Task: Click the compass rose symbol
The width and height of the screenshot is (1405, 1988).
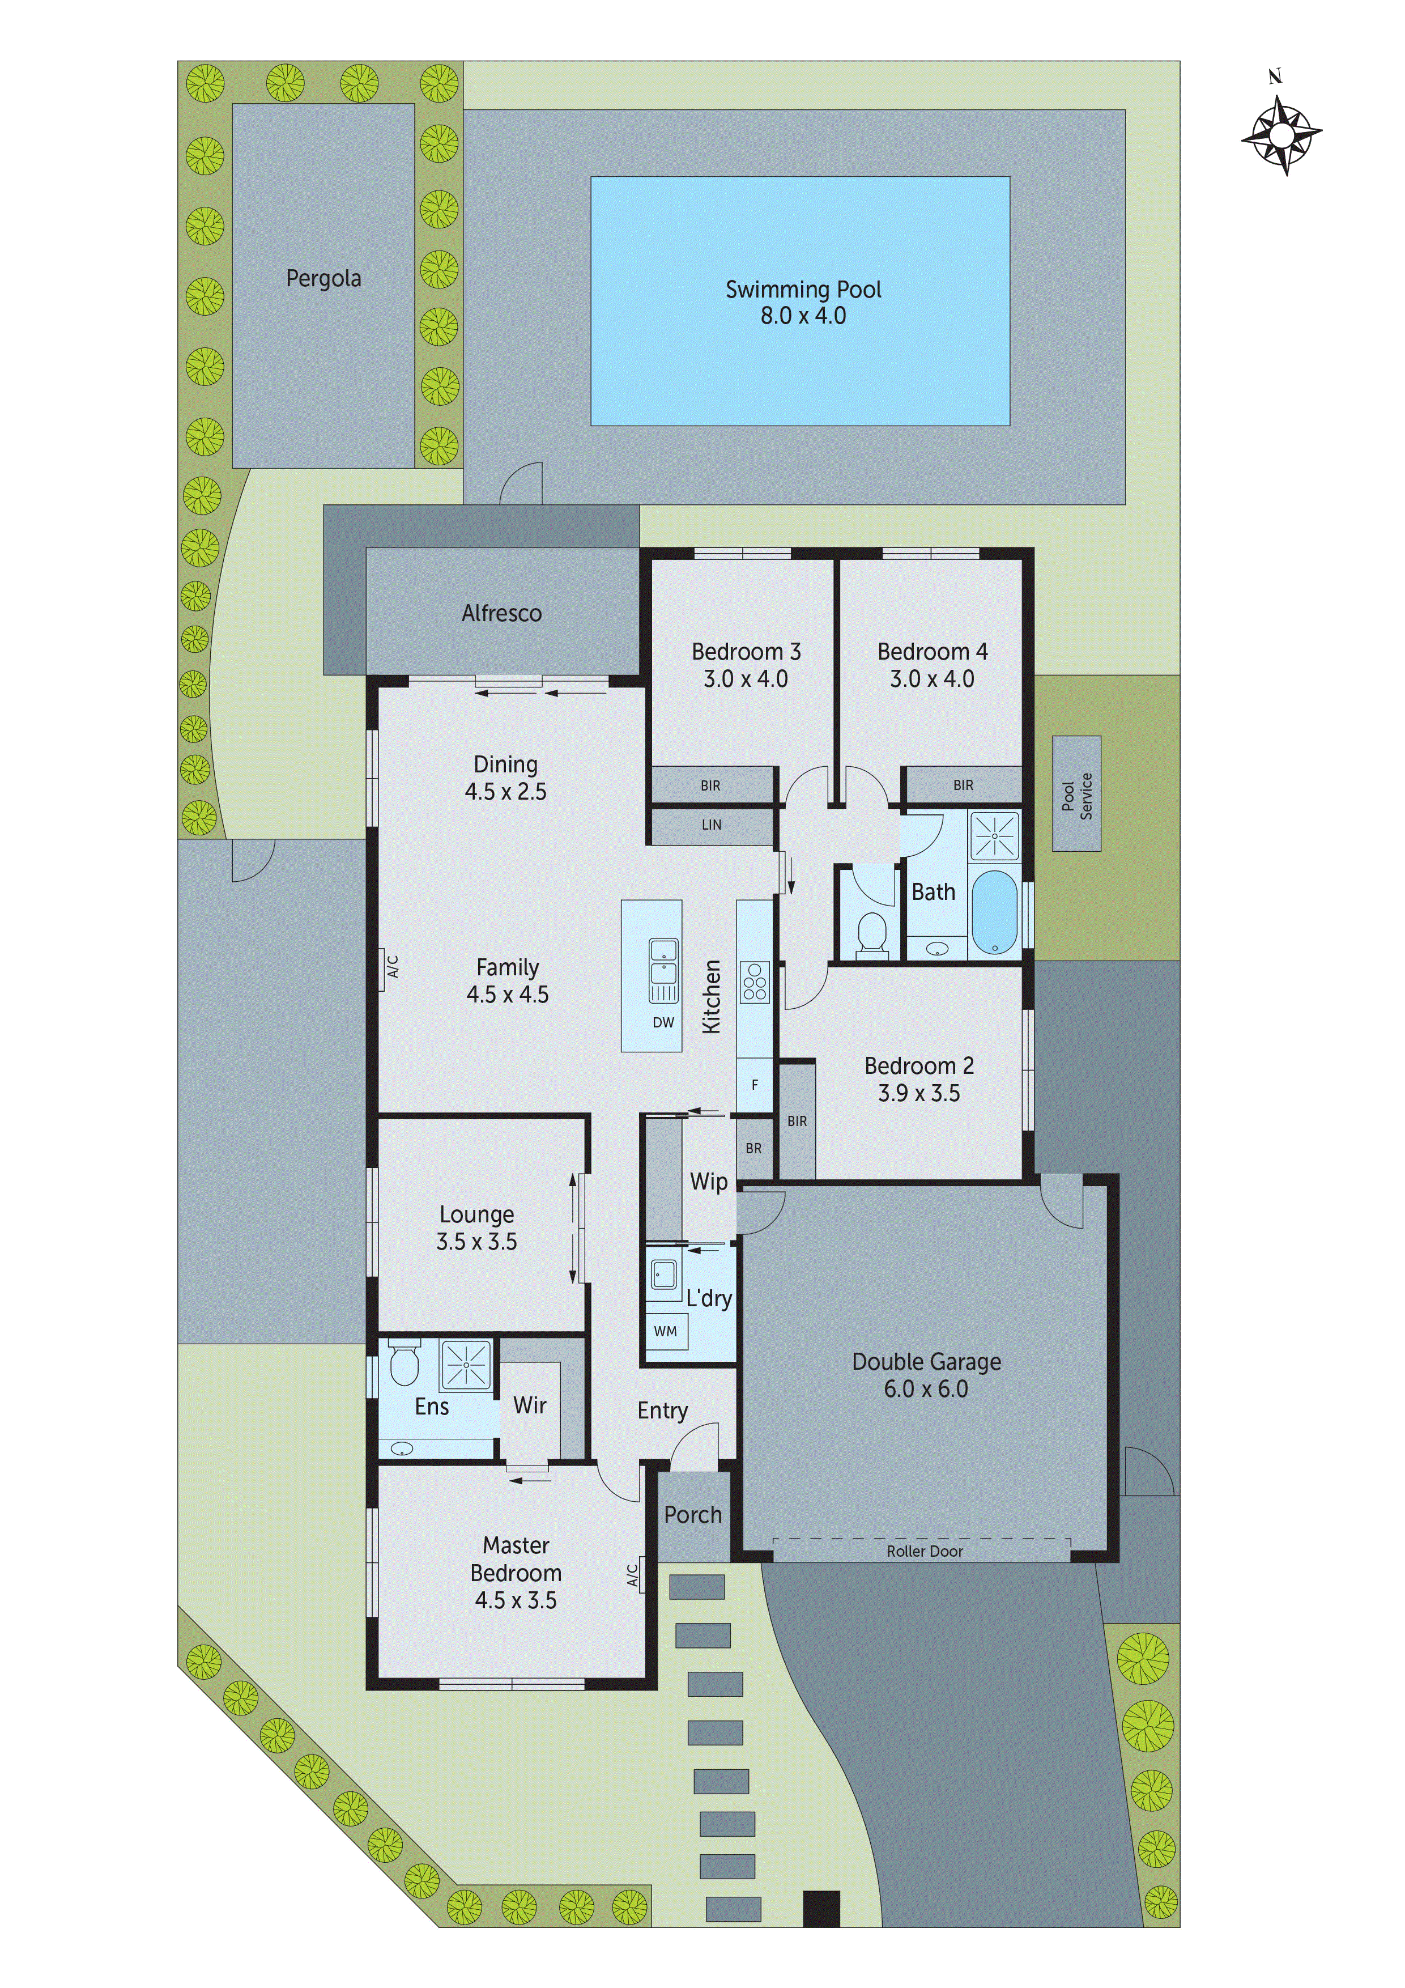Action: [x=1281, y=134]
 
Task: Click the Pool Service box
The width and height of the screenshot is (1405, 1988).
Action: [x=1076, y=793]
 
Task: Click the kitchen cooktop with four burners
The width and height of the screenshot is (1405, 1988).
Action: [x=754, y=982]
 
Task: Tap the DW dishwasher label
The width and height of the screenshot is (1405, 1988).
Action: [x=663, y=1022]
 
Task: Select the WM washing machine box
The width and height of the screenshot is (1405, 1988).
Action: [x=666, y=1331]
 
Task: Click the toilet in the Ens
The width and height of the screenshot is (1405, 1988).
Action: [x=403, y=1365]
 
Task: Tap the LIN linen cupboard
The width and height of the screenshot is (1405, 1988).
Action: [x=711, y=825]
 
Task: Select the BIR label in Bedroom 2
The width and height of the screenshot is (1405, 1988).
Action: [x=797, y=1122]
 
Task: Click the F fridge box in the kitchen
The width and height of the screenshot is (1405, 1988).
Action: [x=754, y=1085]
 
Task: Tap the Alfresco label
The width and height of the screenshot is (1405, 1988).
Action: [x=501, y=613]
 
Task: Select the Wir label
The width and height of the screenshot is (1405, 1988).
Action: [x=529, y=1405]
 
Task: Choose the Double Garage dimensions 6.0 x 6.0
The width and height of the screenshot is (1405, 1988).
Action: [x=925, y=1389]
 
